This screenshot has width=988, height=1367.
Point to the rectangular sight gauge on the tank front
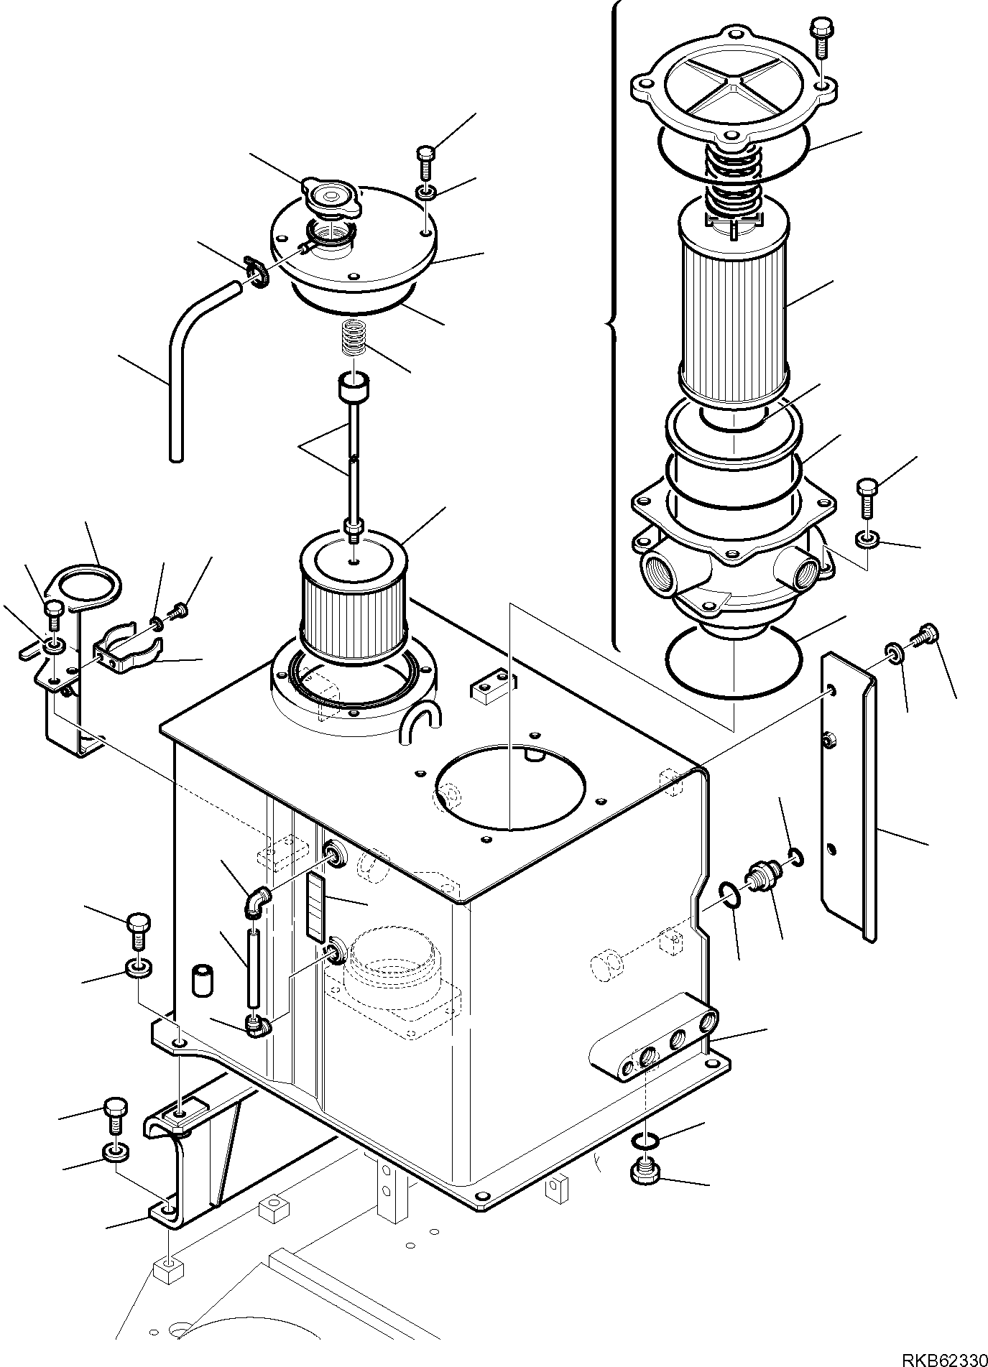coord(314,907)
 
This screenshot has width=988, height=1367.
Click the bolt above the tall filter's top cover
coord(821,35)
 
